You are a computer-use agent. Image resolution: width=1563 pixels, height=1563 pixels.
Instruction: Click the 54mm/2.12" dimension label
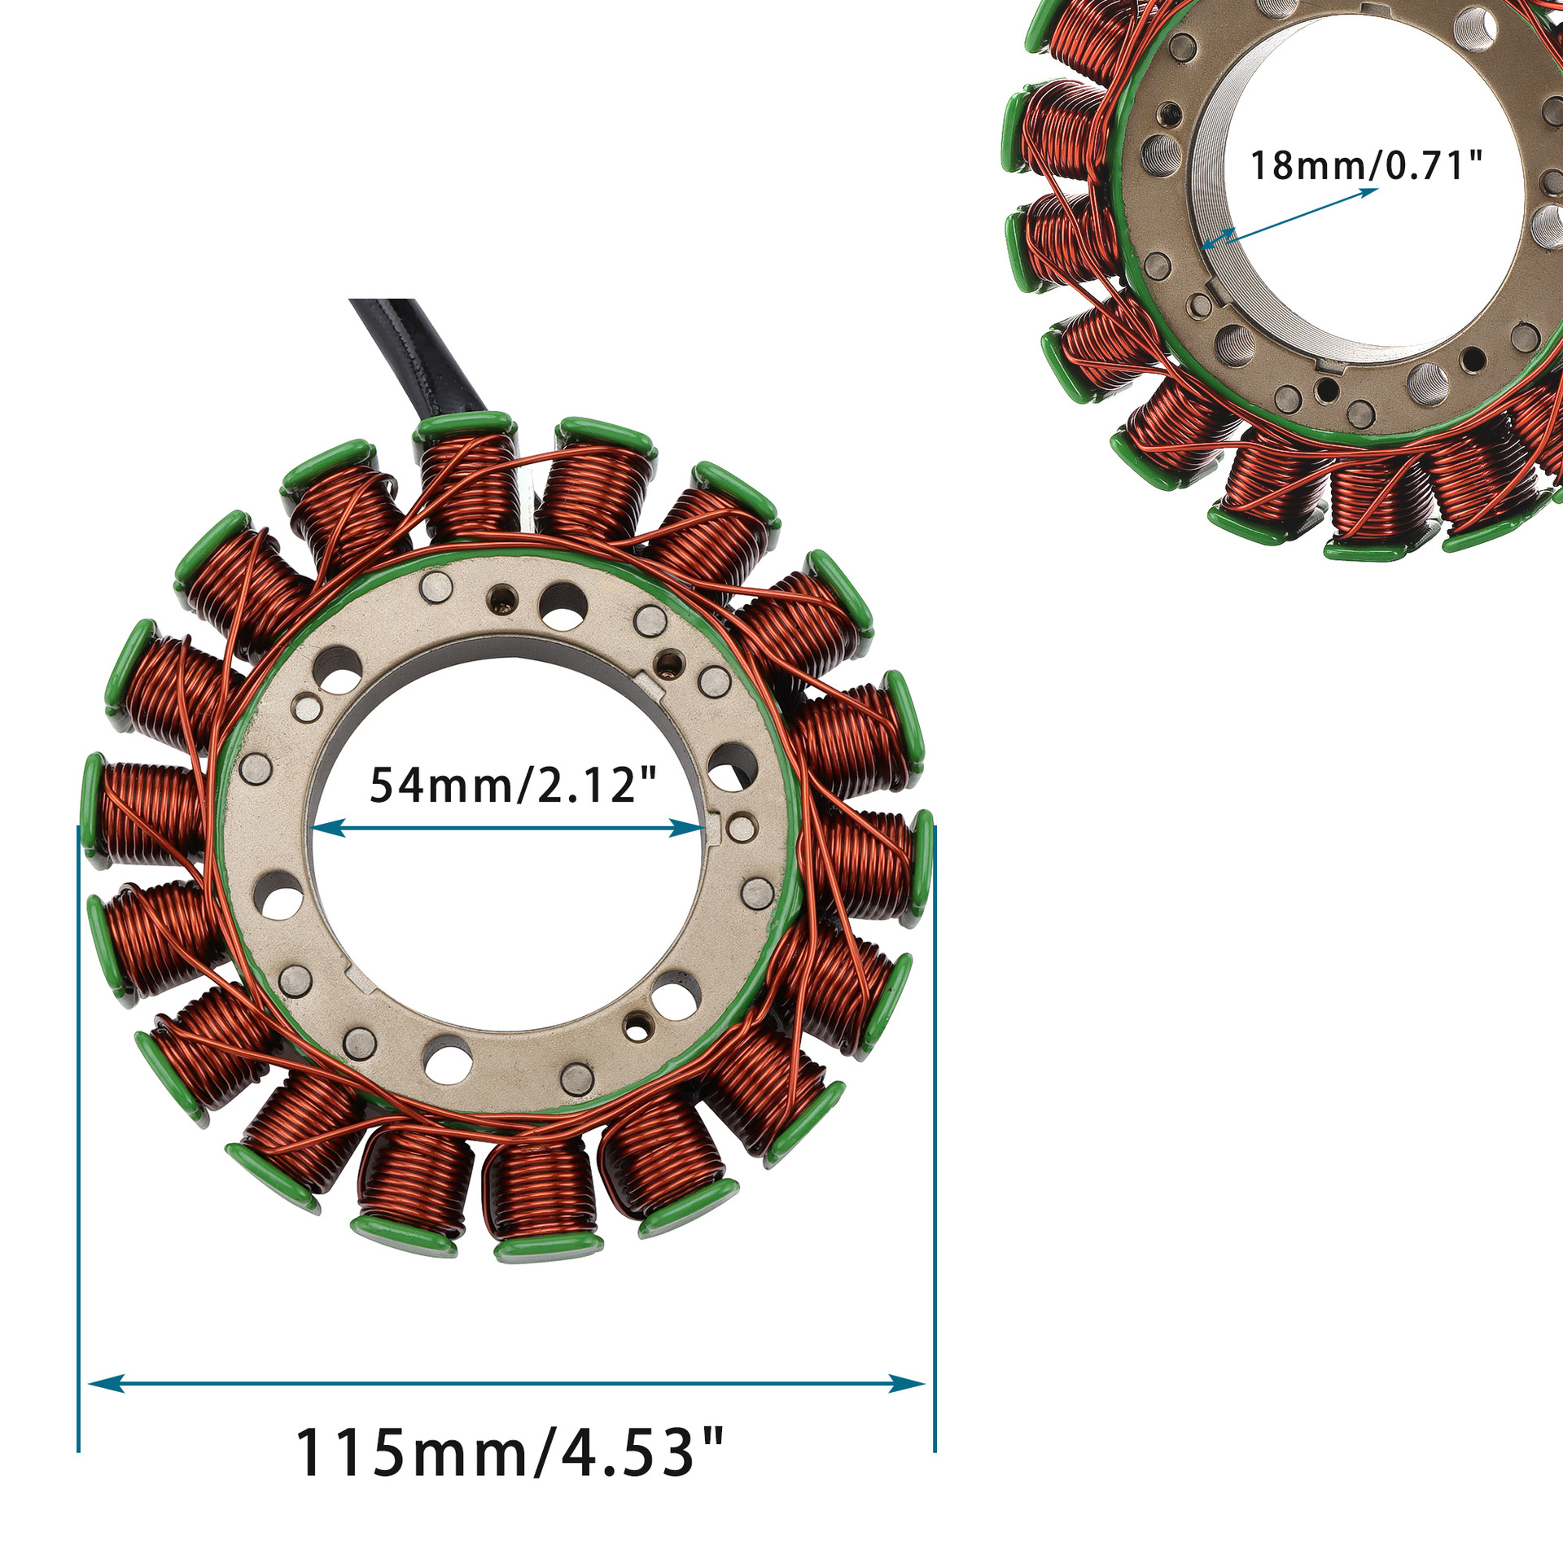513,785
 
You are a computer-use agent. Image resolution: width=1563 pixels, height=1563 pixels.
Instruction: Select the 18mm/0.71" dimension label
1366,165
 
